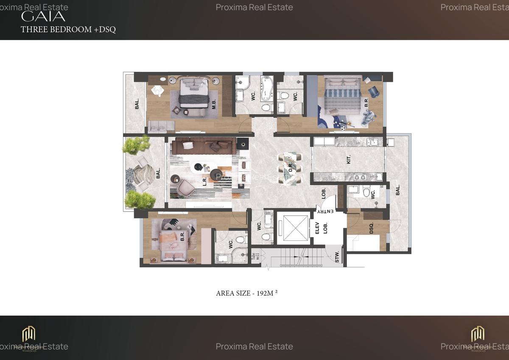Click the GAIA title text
coord(43,17)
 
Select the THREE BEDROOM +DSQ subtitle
coord(68,29)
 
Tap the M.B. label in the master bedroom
coord(215,103)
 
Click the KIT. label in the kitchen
coord(349,160)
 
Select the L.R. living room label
coord(205,181)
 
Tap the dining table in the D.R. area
coord(289,169)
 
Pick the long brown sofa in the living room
coord(203,146)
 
